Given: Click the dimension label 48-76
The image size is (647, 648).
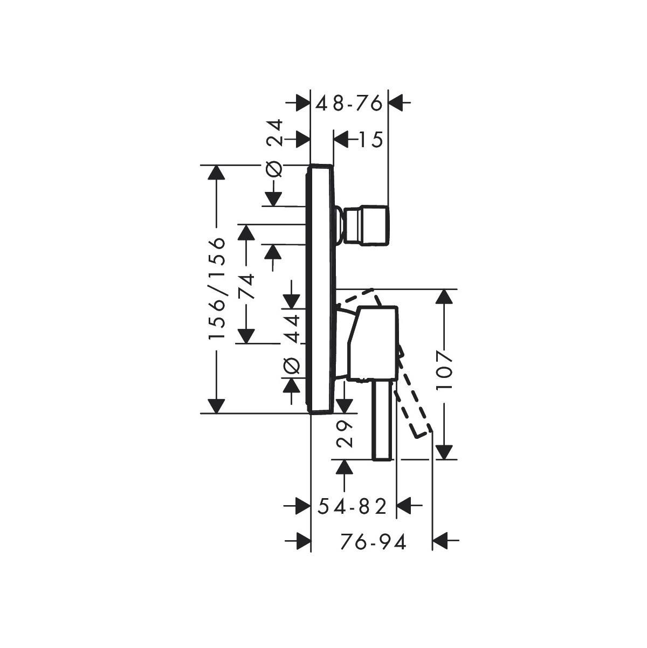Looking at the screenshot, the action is (x=349, y=103).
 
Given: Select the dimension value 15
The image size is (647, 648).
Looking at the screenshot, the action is (x=370, y=139).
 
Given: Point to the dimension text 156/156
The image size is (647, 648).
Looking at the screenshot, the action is (x=216, y=288).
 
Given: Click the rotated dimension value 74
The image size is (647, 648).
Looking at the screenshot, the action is (x=246, y=286).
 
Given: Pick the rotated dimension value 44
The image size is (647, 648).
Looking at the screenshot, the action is (x=291, y=328).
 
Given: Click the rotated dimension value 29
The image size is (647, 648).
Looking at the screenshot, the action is (x=344, y=435).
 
